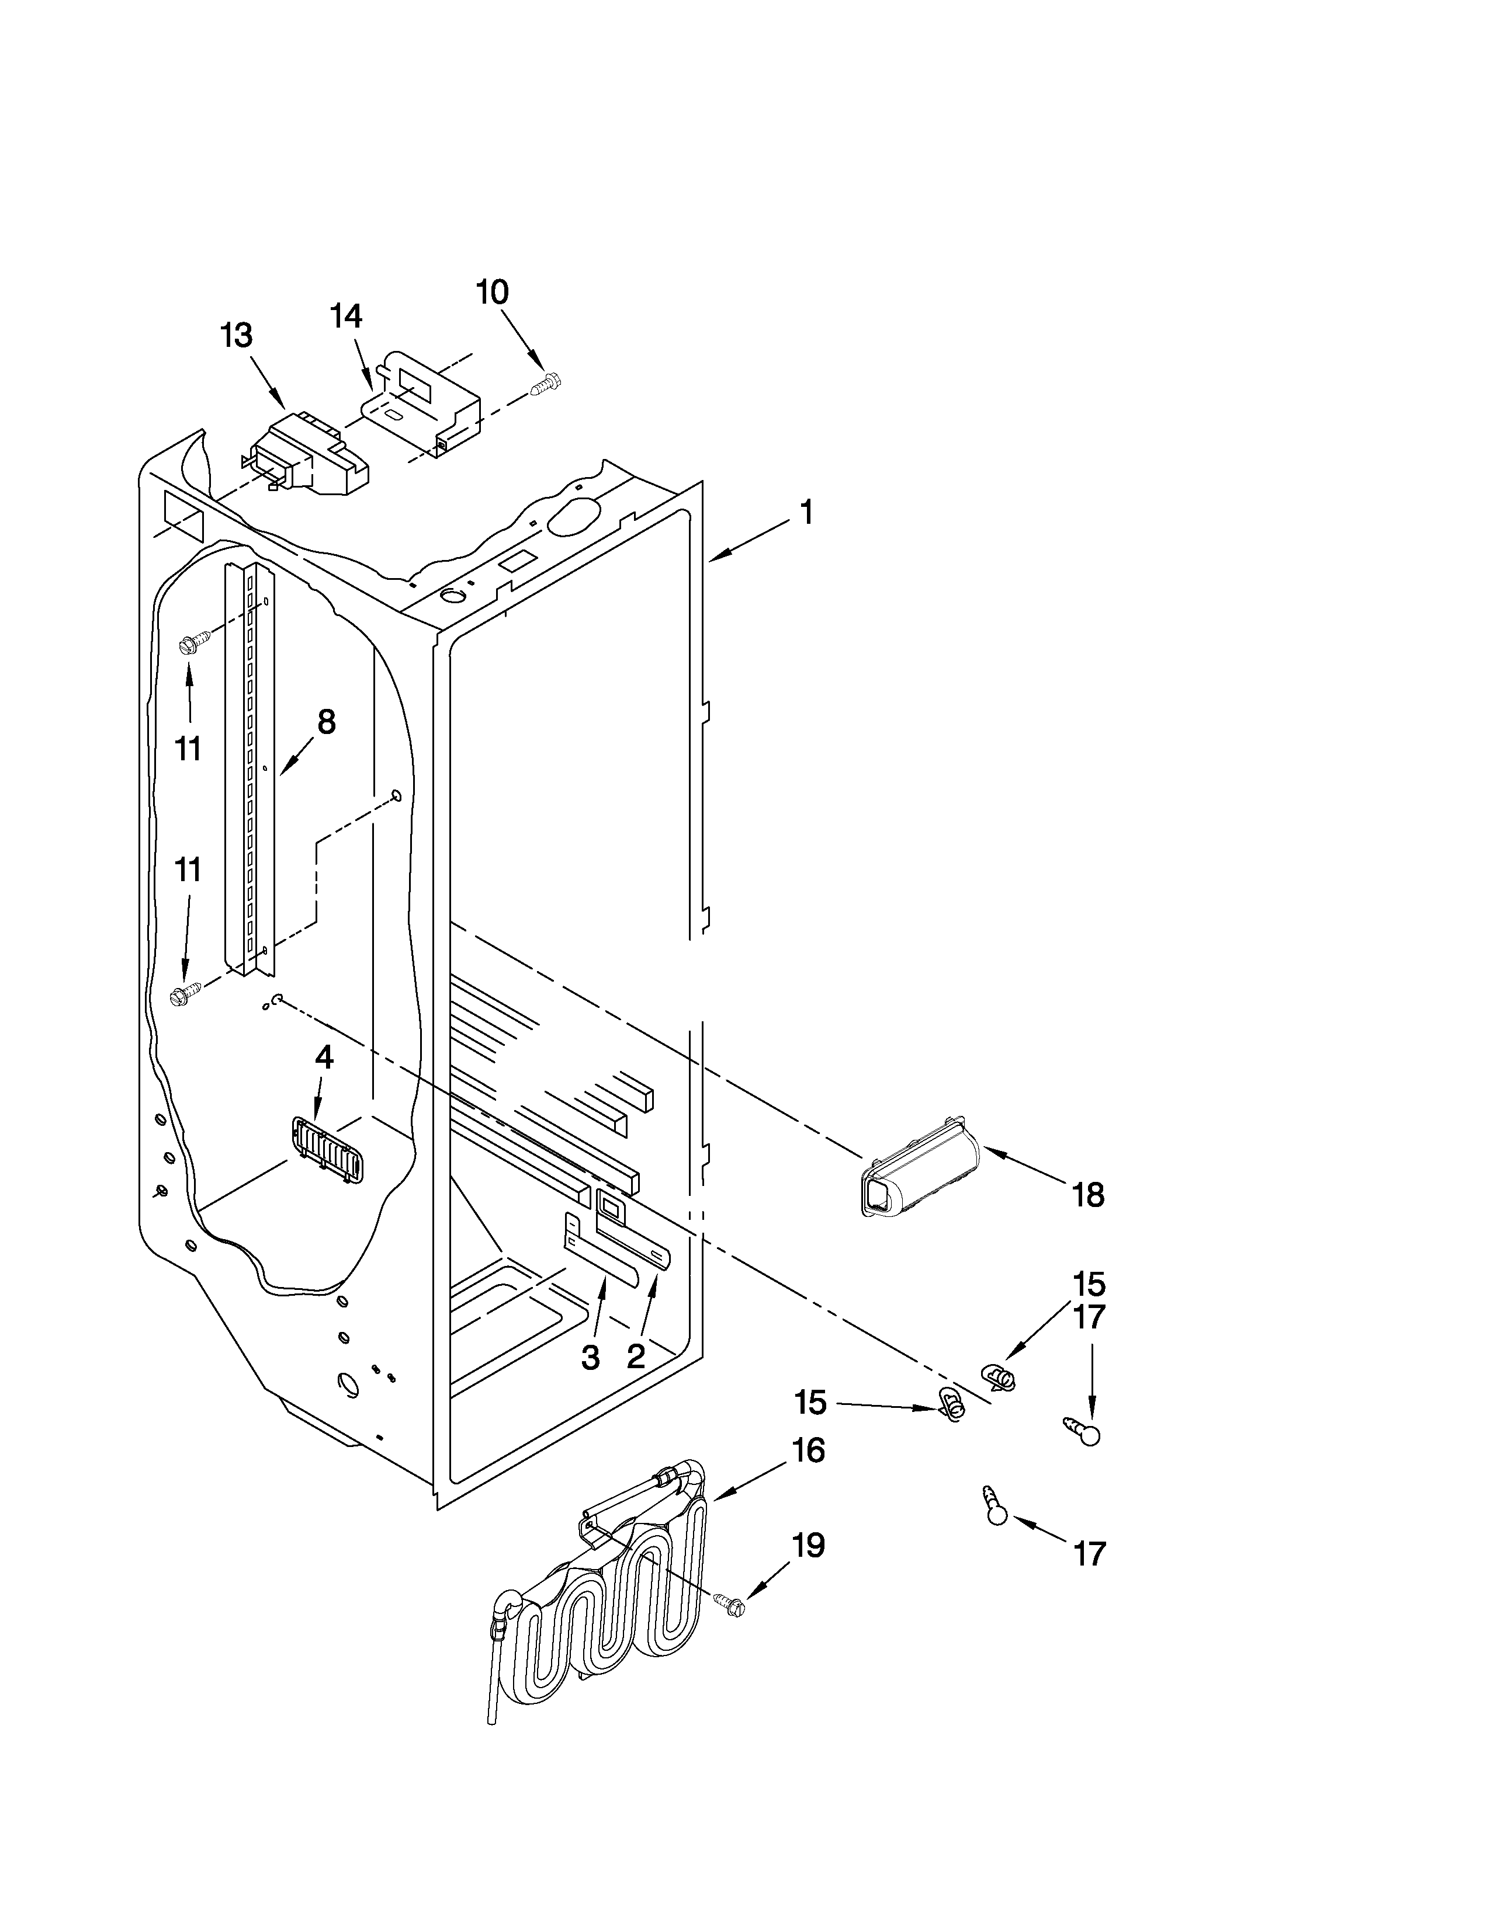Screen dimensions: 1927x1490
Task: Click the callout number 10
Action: coord(493,292)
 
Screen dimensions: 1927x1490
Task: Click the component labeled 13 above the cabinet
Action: coord(309,460)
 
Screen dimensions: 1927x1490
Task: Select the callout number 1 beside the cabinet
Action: coord(805,513)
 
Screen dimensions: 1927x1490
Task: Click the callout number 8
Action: coord(325,723)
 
